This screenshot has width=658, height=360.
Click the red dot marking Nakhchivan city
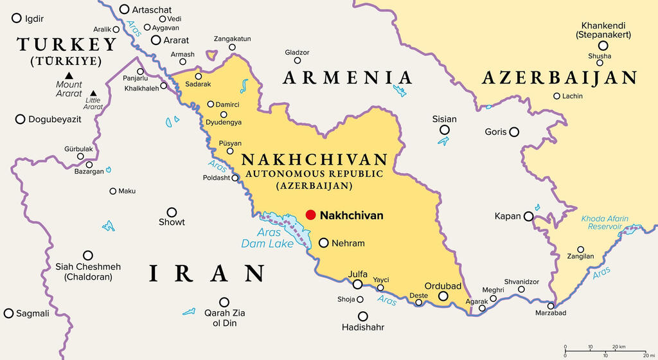pos(311,215)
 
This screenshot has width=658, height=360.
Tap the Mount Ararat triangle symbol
pos(69,75)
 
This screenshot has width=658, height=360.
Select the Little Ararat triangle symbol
pos(94,93)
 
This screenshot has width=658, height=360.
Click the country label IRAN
pos(206,273)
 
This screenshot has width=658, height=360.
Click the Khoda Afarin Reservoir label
pos(605,222)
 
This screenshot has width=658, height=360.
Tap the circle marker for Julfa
pos(358,284)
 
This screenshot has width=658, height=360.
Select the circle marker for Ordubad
pos(443,296)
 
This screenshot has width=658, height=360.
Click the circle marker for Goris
pos(513,132)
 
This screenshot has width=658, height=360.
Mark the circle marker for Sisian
pos(444,130)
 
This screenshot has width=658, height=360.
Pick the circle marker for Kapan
pos(528,217)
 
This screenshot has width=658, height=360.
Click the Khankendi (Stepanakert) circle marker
pos(603,45)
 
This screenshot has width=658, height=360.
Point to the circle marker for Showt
pos(172,212)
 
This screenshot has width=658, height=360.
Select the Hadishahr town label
pos(363,327)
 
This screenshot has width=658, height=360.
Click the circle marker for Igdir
pos(16,19)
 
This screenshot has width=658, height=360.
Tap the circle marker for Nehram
pos(324,243)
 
